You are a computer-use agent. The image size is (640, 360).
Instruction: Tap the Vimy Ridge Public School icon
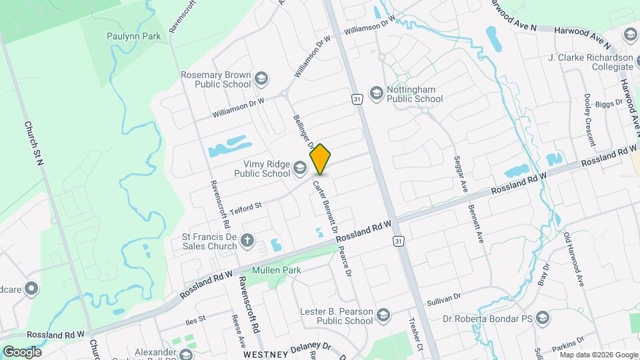299,168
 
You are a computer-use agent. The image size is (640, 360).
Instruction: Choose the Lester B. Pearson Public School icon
383,315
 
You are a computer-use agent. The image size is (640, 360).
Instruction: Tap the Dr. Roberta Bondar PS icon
542,317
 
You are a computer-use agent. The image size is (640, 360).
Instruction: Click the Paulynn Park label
133,36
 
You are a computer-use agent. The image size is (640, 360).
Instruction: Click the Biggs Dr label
609,103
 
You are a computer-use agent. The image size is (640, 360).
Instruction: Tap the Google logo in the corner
22,351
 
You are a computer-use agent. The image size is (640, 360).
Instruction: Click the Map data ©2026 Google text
599,354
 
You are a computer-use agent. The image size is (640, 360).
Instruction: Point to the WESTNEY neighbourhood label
265,353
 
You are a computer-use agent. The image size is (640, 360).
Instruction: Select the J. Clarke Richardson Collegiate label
590,62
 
